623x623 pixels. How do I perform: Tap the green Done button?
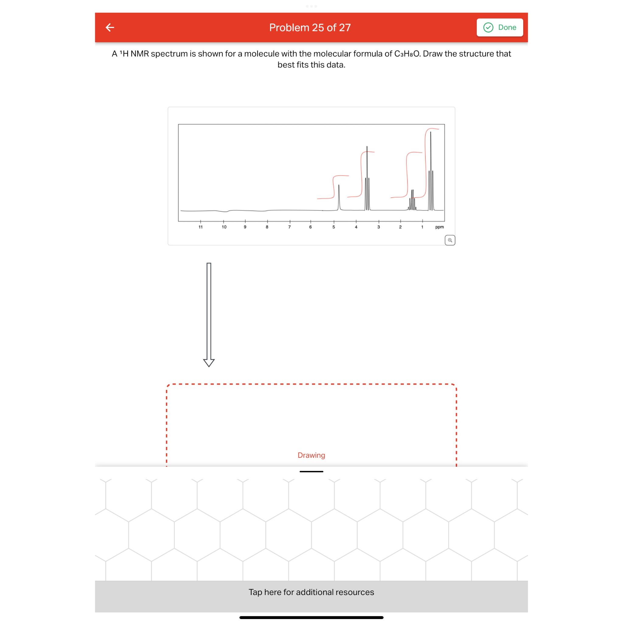499,27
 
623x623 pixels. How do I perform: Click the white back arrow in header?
110,27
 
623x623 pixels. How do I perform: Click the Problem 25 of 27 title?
310,27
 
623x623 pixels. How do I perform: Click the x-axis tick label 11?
200,227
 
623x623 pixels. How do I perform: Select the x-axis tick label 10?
224,227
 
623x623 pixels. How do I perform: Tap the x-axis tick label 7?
289,227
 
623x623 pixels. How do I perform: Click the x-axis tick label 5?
333,227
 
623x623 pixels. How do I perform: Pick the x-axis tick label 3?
378,227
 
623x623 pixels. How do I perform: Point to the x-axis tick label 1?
422,227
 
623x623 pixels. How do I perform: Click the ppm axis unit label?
439,227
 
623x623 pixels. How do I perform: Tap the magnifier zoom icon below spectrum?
450,240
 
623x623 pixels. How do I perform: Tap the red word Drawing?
311,455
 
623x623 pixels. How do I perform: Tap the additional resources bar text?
311,592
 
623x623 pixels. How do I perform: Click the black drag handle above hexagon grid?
311,472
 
